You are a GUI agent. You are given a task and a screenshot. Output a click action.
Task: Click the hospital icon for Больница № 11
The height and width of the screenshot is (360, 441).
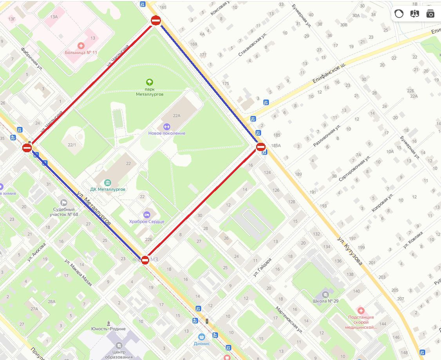click(x=81, y=46)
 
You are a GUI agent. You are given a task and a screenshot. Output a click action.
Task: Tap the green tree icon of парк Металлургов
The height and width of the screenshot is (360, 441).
click(x=149, y=82)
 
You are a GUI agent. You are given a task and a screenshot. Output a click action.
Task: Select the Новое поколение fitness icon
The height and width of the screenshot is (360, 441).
click(x=166, y=126)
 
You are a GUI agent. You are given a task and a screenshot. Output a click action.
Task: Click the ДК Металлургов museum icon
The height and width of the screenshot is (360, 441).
click(x=108, y=183)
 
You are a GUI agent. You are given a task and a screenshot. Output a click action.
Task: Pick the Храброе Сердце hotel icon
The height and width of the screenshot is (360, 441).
click(x=147, y=215)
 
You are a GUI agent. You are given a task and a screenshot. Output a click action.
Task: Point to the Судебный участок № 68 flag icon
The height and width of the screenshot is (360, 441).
click(x=64, y=203)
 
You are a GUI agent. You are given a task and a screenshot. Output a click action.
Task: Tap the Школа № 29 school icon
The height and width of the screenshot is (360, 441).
click(x=325, y=294)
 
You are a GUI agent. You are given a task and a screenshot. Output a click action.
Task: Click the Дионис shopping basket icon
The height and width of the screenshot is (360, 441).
click(x=202, y=337)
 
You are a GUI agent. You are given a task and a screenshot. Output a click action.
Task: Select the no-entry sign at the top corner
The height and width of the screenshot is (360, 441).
click(x=156, y=21)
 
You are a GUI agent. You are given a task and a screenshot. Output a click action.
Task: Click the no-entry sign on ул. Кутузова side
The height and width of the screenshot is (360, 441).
click(x=261, y=147)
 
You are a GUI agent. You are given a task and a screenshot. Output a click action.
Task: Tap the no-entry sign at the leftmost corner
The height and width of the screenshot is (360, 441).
click(x=27, y=148)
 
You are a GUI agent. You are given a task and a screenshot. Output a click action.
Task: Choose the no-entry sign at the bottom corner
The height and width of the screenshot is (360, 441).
click(x=145, y=260)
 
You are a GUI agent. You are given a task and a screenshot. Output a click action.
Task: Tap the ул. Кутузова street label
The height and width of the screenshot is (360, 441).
click(x=350, y=250)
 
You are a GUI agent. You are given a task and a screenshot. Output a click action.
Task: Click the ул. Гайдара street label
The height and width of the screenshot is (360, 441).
click(x=262, y=267)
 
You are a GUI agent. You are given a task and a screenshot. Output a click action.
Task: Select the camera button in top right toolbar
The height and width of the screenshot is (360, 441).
click(x=430, y=14)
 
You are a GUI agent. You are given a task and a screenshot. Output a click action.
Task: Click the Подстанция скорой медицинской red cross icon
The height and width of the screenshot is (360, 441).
click(x=361, y=311)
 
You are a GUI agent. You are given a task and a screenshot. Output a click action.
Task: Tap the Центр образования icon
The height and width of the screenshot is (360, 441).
click(x=119, y=346)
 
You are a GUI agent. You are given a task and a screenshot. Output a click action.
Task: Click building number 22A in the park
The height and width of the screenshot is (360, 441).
click(x=177, y=115)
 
